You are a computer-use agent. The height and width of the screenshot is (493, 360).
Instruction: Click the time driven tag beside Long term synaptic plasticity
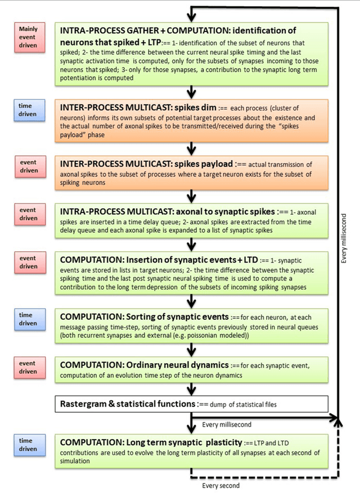28,444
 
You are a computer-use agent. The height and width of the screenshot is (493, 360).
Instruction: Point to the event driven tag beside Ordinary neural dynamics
28,367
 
